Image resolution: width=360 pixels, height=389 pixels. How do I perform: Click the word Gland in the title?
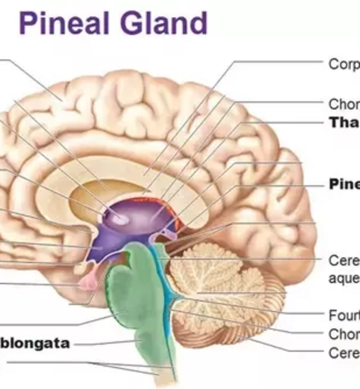pyautogui.click(x=162, y=23)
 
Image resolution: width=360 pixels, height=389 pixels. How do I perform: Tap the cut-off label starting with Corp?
pyautogui.click(x=344, y=65)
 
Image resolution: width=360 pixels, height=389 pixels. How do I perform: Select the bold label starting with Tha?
pyautogui.click(x=344, y=123)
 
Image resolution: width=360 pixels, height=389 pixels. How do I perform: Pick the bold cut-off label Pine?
pyautogui.click(x=344, y=184)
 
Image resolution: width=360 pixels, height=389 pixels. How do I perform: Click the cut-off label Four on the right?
pyautogui.click(x=344, y=314)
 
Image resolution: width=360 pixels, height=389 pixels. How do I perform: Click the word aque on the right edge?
pyautogui.click(x=343, y=278)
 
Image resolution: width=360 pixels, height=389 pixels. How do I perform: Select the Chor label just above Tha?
pyautogui.click(x=344, y=104)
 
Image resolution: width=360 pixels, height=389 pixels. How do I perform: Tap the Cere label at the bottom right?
pyautogui.click(x=344, y=353)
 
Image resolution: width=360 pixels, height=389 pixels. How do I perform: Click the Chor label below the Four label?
pyautogui.click(x=344, y=333)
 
